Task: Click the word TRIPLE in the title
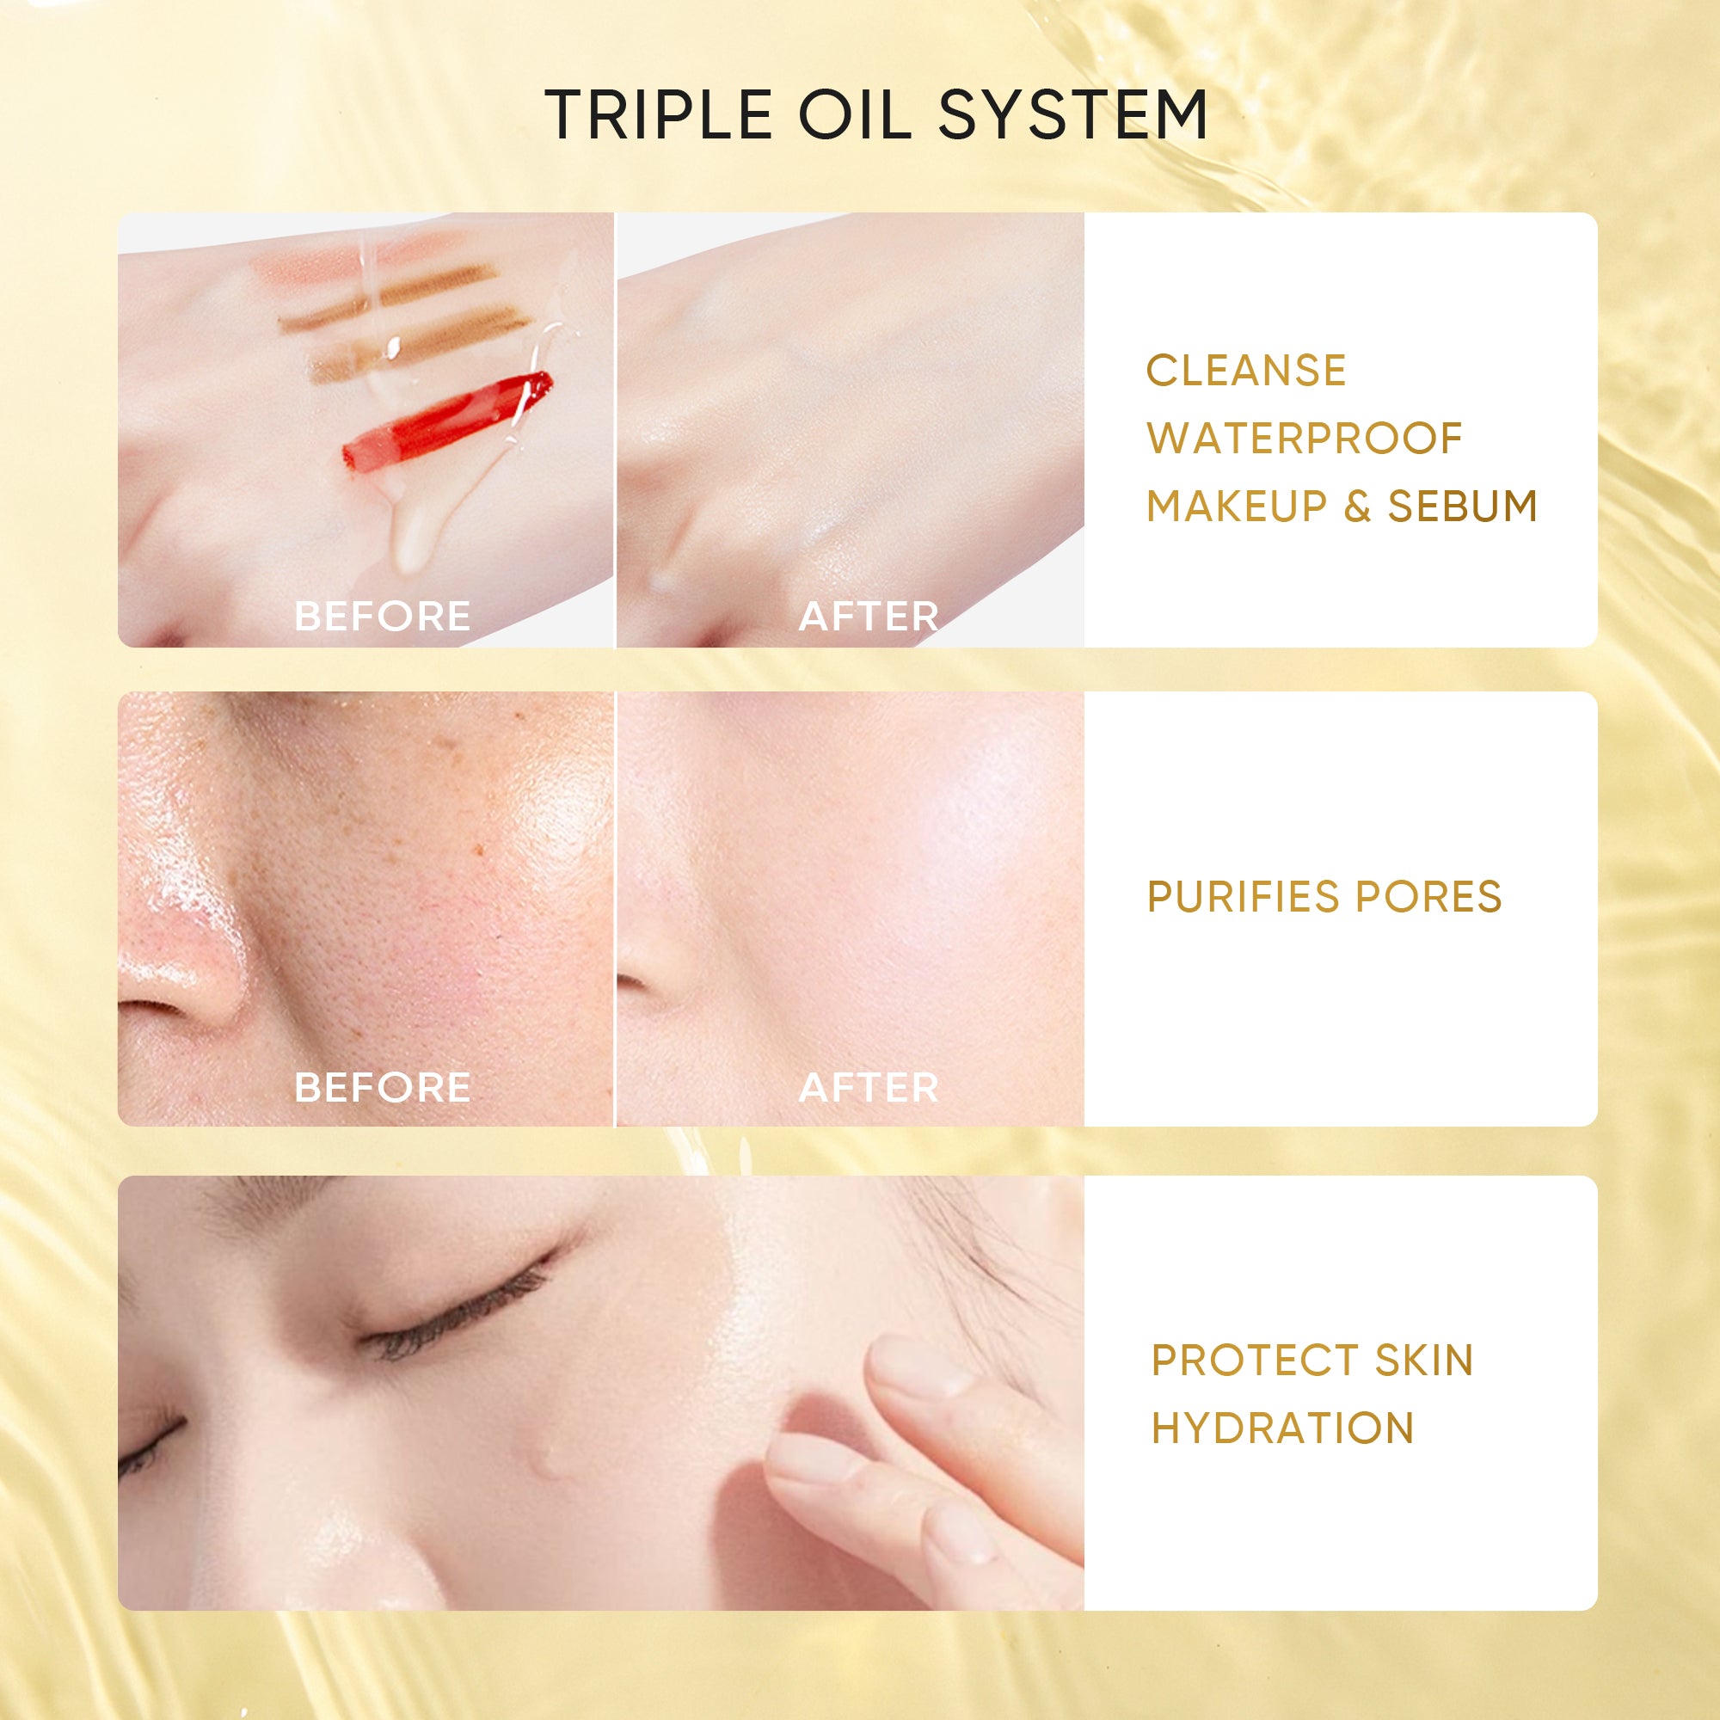(x=658, y=115)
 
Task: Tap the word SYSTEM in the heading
(x=1072, y=115)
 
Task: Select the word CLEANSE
(x=1245, y=371)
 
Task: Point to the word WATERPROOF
(x=1305, y=438)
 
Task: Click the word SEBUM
(x=1462, y=506)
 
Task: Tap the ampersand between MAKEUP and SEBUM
(x=1357, y=506)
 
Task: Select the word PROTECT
(x=1254, y=1361)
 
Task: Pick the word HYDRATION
(x=1282, y=1428)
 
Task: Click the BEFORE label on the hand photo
(x=382, y=616)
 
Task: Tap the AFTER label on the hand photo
(x=868, y=616)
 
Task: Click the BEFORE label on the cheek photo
(x=382, y=1087)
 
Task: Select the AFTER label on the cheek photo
(x=868, y=1087)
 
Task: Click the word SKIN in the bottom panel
(x=1423, y=1361)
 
